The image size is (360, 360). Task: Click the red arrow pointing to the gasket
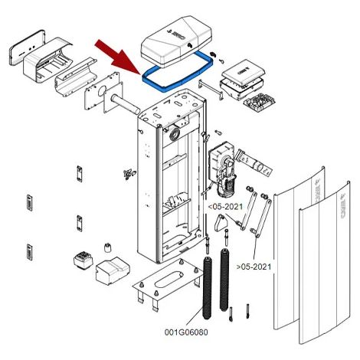[x=117, y=57]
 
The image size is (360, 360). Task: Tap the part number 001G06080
[x=186, y=332]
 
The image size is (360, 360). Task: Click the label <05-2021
[x=225, y=206]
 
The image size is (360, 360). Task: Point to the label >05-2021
[x=254, y=267]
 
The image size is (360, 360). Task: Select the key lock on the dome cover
[x=190, y=45]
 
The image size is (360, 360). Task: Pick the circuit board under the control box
[x=260, y=102]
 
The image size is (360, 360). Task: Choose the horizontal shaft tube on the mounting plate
[x=126, y=104]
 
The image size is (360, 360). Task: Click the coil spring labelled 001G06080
[x=207, y=289]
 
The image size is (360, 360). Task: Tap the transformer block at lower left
[x=83, y=260]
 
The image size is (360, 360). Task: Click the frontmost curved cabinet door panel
[x=324, y=263]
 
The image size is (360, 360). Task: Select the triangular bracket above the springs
[x=221, y=223]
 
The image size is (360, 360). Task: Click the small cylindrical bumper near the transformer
[x=108, y=247]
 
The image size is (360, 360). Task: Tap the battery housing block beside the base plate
[x=113, y=271]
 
